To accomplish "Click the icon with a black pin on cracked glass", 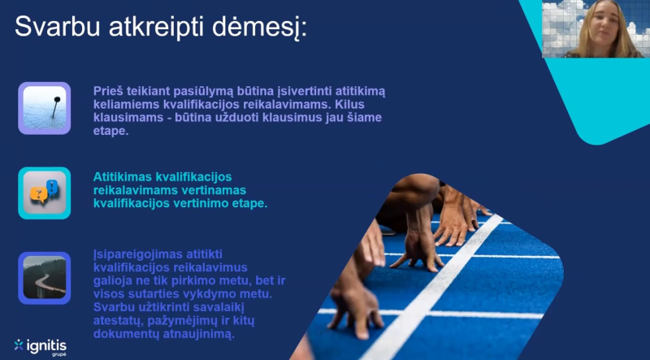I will (x=44, y=108).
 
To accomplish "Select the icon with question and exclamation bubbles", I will (x=44, y=193).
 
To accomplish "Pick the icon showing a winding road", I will (x=44, y=278).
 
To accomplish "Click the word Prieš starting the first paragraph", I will (x=109, y=90).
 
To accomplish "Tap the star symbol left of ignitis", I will (x=19, y=345).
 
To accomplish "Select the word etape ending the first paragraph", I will (x=111, y=131).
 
